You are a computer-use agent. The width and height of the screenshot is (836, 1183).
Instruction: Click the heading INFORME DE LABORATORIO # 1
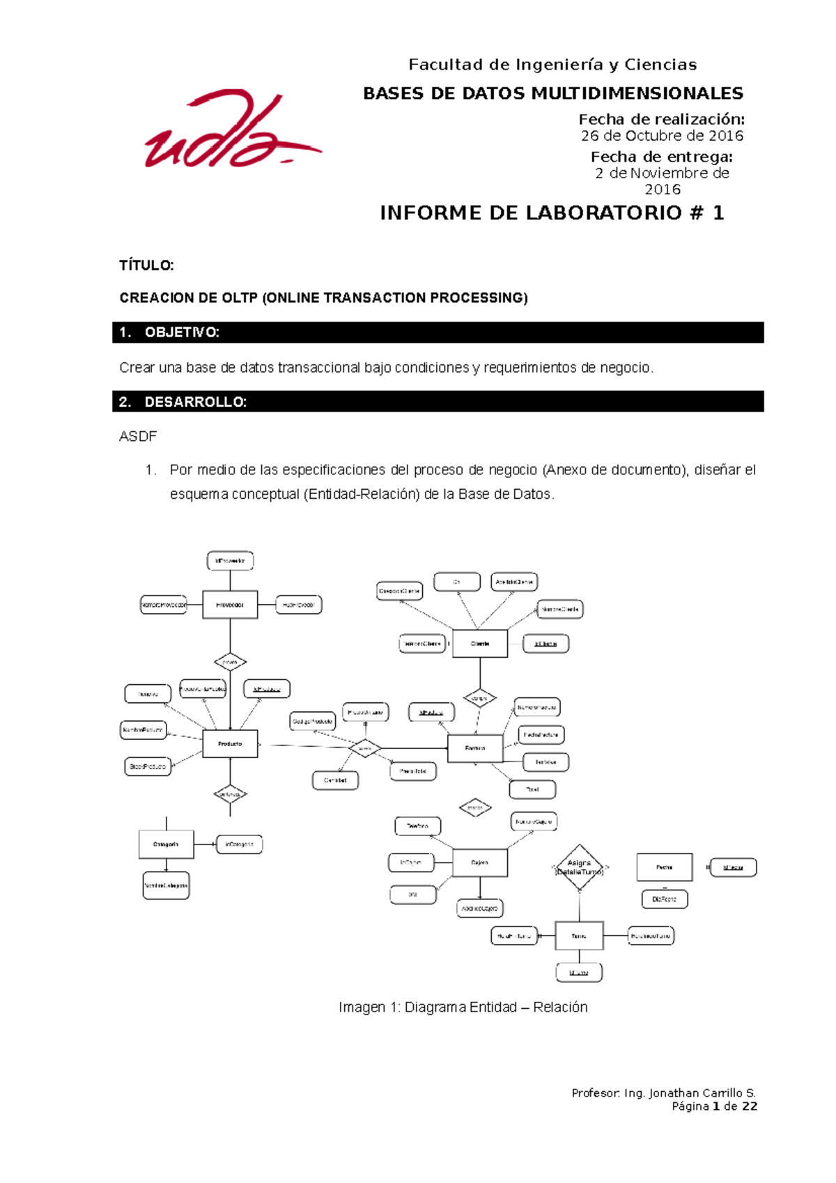[x=552, y=212]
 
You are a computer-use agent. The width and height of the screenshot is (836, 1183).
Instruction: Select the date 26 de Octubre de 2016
[x=662, y=136]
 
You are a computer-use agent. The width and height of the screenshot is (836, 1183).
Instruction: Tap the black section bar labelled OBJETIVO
[x=438, y=332]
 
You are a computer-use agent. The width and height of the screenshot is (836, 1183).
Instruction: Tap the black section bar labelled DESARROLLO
[x=438, y=402]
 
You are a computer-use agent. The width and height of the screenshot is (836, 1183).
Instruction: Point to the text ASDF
[x=138, y=437]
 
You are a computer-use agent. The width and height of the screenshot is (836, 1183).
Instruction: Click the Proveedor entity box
[x=230, y=605]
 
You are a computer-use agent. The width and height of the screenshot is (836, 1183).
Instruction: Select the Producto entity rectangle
[x=230, y=743]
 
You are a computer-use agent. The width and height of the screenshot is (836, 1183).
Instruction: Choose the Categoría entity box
[x=166, y=844]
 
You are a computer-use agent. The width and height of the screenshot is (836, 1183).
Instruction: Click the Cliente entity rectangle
[x=480, y=644]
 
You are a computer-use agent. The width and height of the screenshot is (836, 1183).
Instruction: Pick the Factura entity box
[x=475, y=748]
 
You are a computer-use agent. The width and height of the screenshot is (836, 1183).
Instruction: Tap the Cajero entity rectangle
[x=479, y=863]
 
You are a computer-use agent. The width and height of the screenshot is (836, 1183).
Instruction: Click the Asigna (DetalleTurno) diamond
[x=579, y=867]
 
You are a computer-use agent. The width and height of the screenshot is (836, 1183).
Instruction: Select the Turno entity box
[x=579, y=936]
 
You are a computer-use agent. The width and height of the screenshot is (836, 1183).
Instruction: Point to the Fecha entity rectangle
[x=665, y=867]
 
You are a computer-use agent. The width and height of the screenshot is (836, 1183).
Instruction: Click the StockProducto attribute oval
[x=148, y=766]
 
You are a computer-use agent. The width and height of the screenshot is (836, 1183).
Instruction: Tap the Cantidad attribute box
[x=335, y=780]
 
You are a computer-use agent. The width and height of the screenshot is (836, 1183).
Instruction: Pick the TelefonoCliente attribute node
[x=422, y=644]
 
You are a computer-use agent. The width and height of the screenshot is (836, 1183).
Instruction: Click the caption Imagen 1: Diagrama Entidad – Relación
[x=463, y=1007]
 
